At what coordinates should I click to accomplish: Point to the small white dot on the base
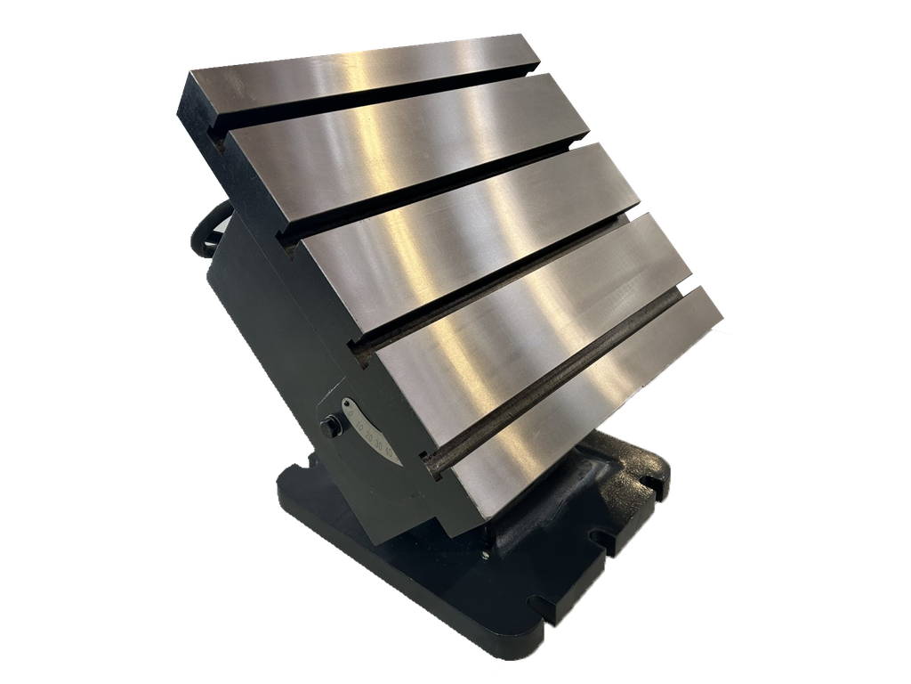(486, 555)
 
